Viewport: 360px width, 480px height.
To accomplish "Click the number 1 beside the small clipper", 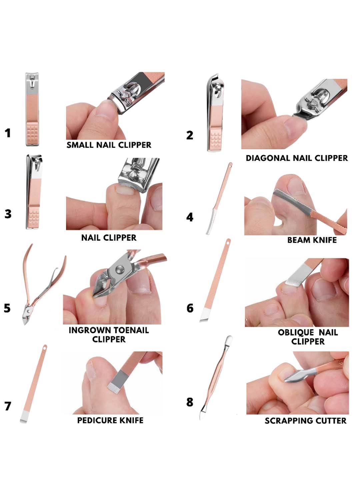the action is tap(8, 133).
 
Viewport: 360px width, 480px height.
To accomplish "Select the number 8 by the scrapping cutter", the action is tap(190, 402).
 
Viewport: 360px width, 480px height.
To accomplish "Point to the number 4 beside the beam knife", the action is tap(190, 217).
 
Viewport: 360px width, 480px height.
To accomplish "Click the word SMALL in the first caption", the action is tap(79, 145).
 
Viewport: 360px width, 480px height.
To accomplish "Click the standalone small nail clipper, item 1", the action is tap(32, 109).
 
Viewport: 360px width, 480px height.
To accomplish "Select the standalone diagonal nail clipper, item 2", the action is tap(215, 113).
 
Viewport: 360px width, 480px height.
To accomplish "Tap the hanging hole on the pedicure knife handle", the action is tap(45, 347).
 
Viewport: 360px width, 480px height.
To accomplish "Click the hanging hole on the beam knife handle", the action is tap(231, 166).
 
